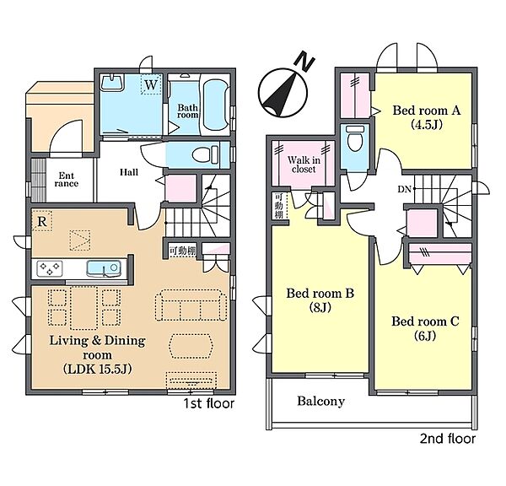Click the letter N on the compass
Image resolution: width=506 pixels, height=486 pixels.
pos(305,62)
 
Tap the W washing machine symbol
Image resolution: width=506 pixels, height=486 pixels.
pos(151,84)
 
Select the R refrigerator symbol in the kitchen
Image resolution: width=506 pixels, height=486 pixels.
pos(42,221)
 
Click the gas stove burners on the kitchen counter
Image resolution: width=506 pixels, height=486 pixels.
pos(50,268)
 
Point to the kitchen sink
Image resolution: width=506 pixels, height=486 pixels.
pos(104,268)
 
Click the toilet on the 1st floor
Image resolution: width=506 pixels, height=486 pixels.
pos(206,154)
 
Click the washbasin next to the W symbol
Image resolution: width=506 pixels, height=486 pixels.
pos(112,83)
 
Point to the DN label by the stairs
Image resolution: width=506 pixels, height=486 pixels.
pos(404,189)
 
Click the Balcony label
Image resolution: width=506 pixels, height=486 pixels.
pos(320,401)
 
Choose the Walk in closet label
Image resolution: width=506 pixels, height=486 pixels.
pos(304,165)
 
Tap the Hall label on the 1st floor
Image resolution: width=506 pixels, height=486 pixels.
pos(129,172)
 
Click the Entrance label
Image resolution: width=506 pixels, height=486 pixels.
pos(66,180)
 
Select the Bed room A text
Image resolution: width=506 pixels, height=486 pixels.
pos(426,111)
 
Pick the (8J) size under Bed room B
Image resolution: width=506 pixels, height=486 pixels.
pos(320,307)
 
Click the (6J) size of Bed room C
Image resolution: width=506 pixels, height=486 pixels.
pos(425,336)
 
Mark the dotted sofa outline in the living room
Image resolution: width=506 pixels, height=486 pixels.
pos(191,305)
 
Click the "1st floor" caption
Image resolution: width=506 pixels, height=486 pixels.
pos(209,403)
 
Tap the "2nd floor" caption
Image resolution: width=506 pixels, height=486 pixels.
pos(448,439)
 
